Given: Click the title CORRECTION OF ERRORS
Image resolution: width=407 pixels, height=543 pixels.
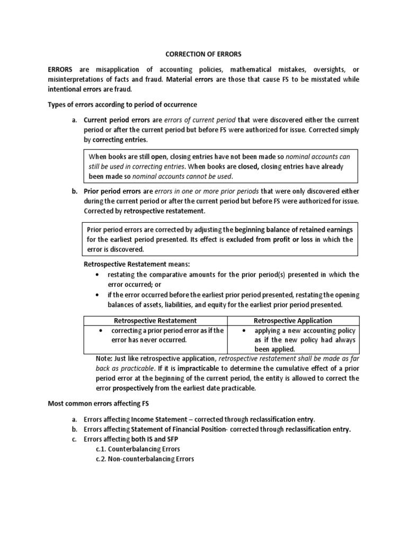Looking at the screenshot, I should pyautogui.click(x=203, y=55).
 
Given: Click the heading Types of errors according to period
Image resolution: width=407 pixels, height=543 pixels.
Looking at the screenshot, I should pyautogui.click(x=122, y=104).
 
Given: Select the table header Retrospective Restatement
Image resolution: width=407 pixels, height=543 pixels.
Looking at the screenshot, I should pyautogui.click(x=155, y=320).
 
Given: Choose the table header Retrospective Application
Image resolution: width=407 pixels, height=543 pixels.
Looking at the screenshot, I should pyautogui.click(x=293, y=320).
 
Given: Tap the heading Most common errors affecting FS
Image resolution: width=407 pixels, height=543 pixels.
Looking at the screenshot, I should pyautogui.click(x=98, y=404).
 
